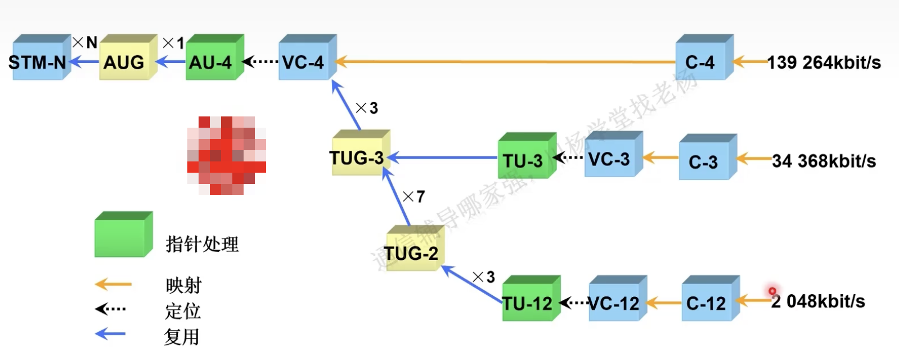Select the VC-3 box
(x=610, y=158)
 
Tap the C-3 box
(x=705, y=161)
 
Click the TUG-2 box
(x=412, y=252)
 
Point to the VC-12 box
(x=615, y=303)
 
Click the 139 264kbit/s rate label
(x=824, y=62)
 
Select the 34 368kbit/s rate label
(x=824, y=161)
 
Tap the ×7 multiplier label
(x=414, y=196)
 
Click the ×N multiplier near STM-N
(x=85, y=42)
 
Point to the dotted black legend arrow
(x=111, y=309)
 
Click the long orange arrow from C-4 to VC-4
(x=506, y=61)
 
